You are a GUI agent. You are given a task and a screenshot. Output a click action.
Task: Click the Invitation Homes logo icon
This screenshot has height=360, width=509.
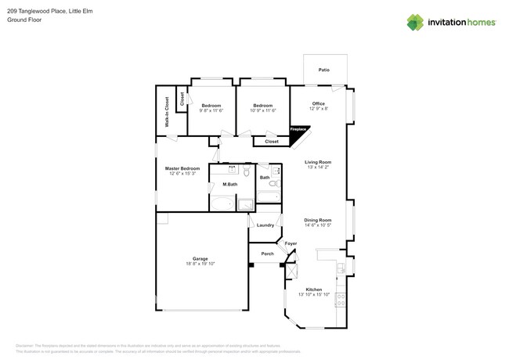415,23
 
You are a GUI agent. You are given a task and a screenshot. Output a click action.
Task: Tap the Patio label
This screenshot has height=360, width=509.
323,70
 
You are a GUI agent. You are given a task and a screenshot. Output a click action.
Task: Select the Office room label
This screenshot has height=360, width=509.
318,103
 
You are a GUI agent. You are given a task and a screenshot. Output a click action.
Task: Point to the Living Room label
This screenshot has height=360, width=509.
318,162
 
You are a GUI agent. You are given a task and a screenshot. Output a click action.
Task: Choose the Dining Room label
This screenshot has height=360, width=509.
318,220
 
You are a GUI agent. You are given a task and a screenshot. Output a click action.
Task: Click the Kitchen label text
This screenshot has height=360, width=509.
314,290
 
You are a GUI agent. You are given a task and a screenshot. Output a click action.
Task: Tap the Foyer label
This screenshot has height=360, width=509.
291,243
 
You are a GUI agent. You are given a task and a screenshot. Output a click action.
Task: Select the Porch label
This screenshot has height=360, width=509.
267,254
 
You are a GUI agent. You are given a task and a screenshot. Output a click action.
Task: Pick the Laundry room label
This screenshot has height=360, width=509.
265,225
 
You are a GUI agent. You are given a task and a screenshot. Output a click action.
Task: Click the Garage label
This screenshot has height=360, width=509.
200,258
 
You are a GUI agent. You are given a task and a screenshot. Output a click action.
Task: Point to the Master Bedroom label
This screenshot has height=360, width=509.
182,168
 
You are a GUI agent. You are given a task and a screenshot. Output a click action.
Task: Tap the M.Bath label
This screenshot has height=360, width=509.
230,185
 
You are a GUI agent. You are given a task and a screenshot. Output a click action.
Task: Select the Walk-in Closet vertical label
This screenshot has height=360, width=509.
167,112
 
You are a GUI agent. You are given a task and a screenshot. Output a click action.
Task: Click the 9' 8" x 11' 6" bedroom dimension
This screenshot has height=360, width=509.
211,110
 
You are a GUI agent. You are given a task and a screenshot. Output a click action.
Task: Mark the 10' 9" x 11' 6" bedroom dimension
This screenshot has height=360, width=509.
262,110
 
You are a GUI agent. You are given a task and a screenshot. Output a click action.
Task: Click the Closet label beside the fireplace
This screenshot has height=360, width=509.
272,142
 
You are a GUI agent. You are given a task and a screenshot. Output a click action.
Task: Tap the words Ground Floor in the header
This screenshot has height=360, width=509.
23,20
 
